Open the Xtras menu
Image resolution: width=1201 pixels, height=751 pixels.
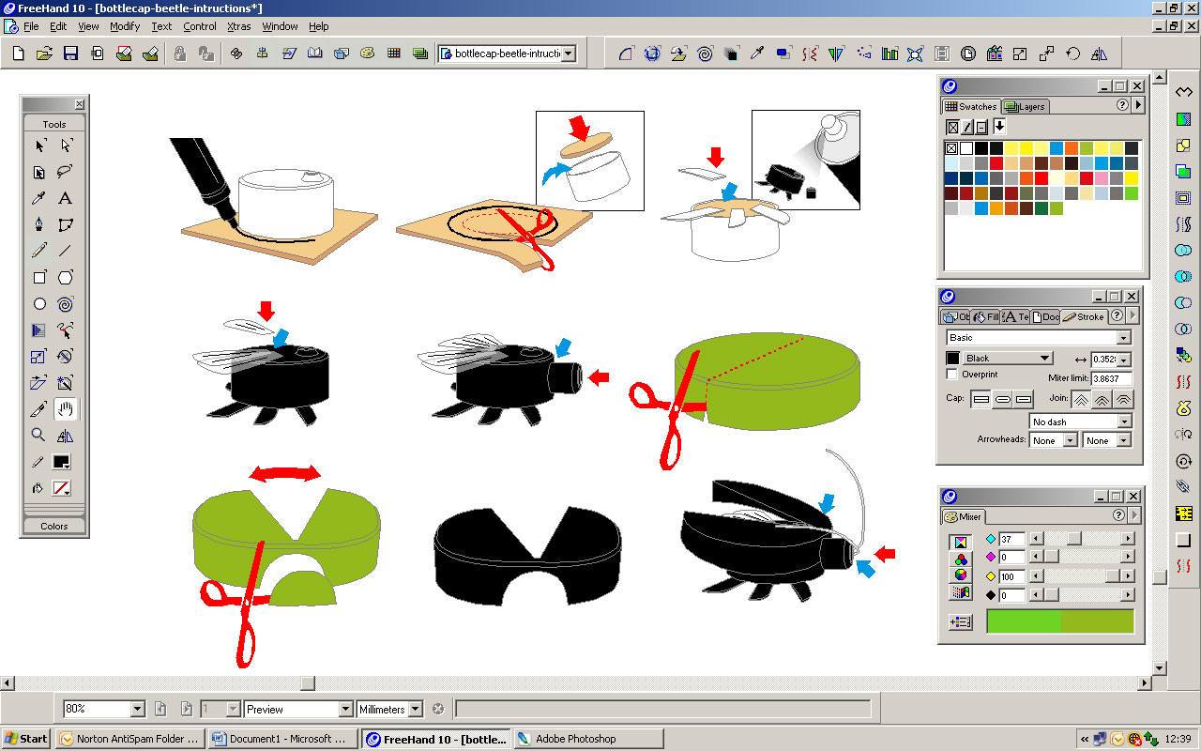click(x=238, y=26)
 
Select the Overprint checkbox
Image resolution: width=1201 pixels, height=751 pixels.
click(x=952, y=374)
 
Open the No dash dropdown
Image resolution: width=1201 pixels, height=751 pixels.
click(x=1080, y=421)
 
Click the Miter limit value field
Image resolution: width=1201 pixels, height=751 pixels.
click(x=1111, y=378)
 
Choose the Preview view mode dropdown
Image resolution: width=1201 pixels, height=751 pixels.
click(x=298, y=709)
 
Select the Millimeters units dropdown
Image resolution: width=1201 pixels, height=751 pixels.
click(x=388, y=709)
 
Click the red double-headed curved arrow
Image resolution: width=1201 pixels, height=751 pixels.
click(x=285, y=474)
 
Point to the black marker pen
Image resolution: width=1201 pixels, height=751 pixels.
click(x=202, y=173)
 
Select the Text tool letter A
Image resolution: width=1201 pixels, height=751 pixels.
click(x=65, y=198)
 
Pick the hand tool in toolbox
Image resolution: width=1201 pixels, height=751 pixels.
click(x=65, y=408)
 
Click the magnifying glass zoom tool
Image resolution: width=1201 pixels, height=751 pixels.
click(x=38, y=435)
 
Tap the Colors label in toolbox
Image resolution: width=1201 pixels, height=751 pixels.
click(x=53, y=526)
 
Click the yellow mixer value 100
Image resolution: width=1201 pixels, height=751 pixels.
click(x=1011, y=576)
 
